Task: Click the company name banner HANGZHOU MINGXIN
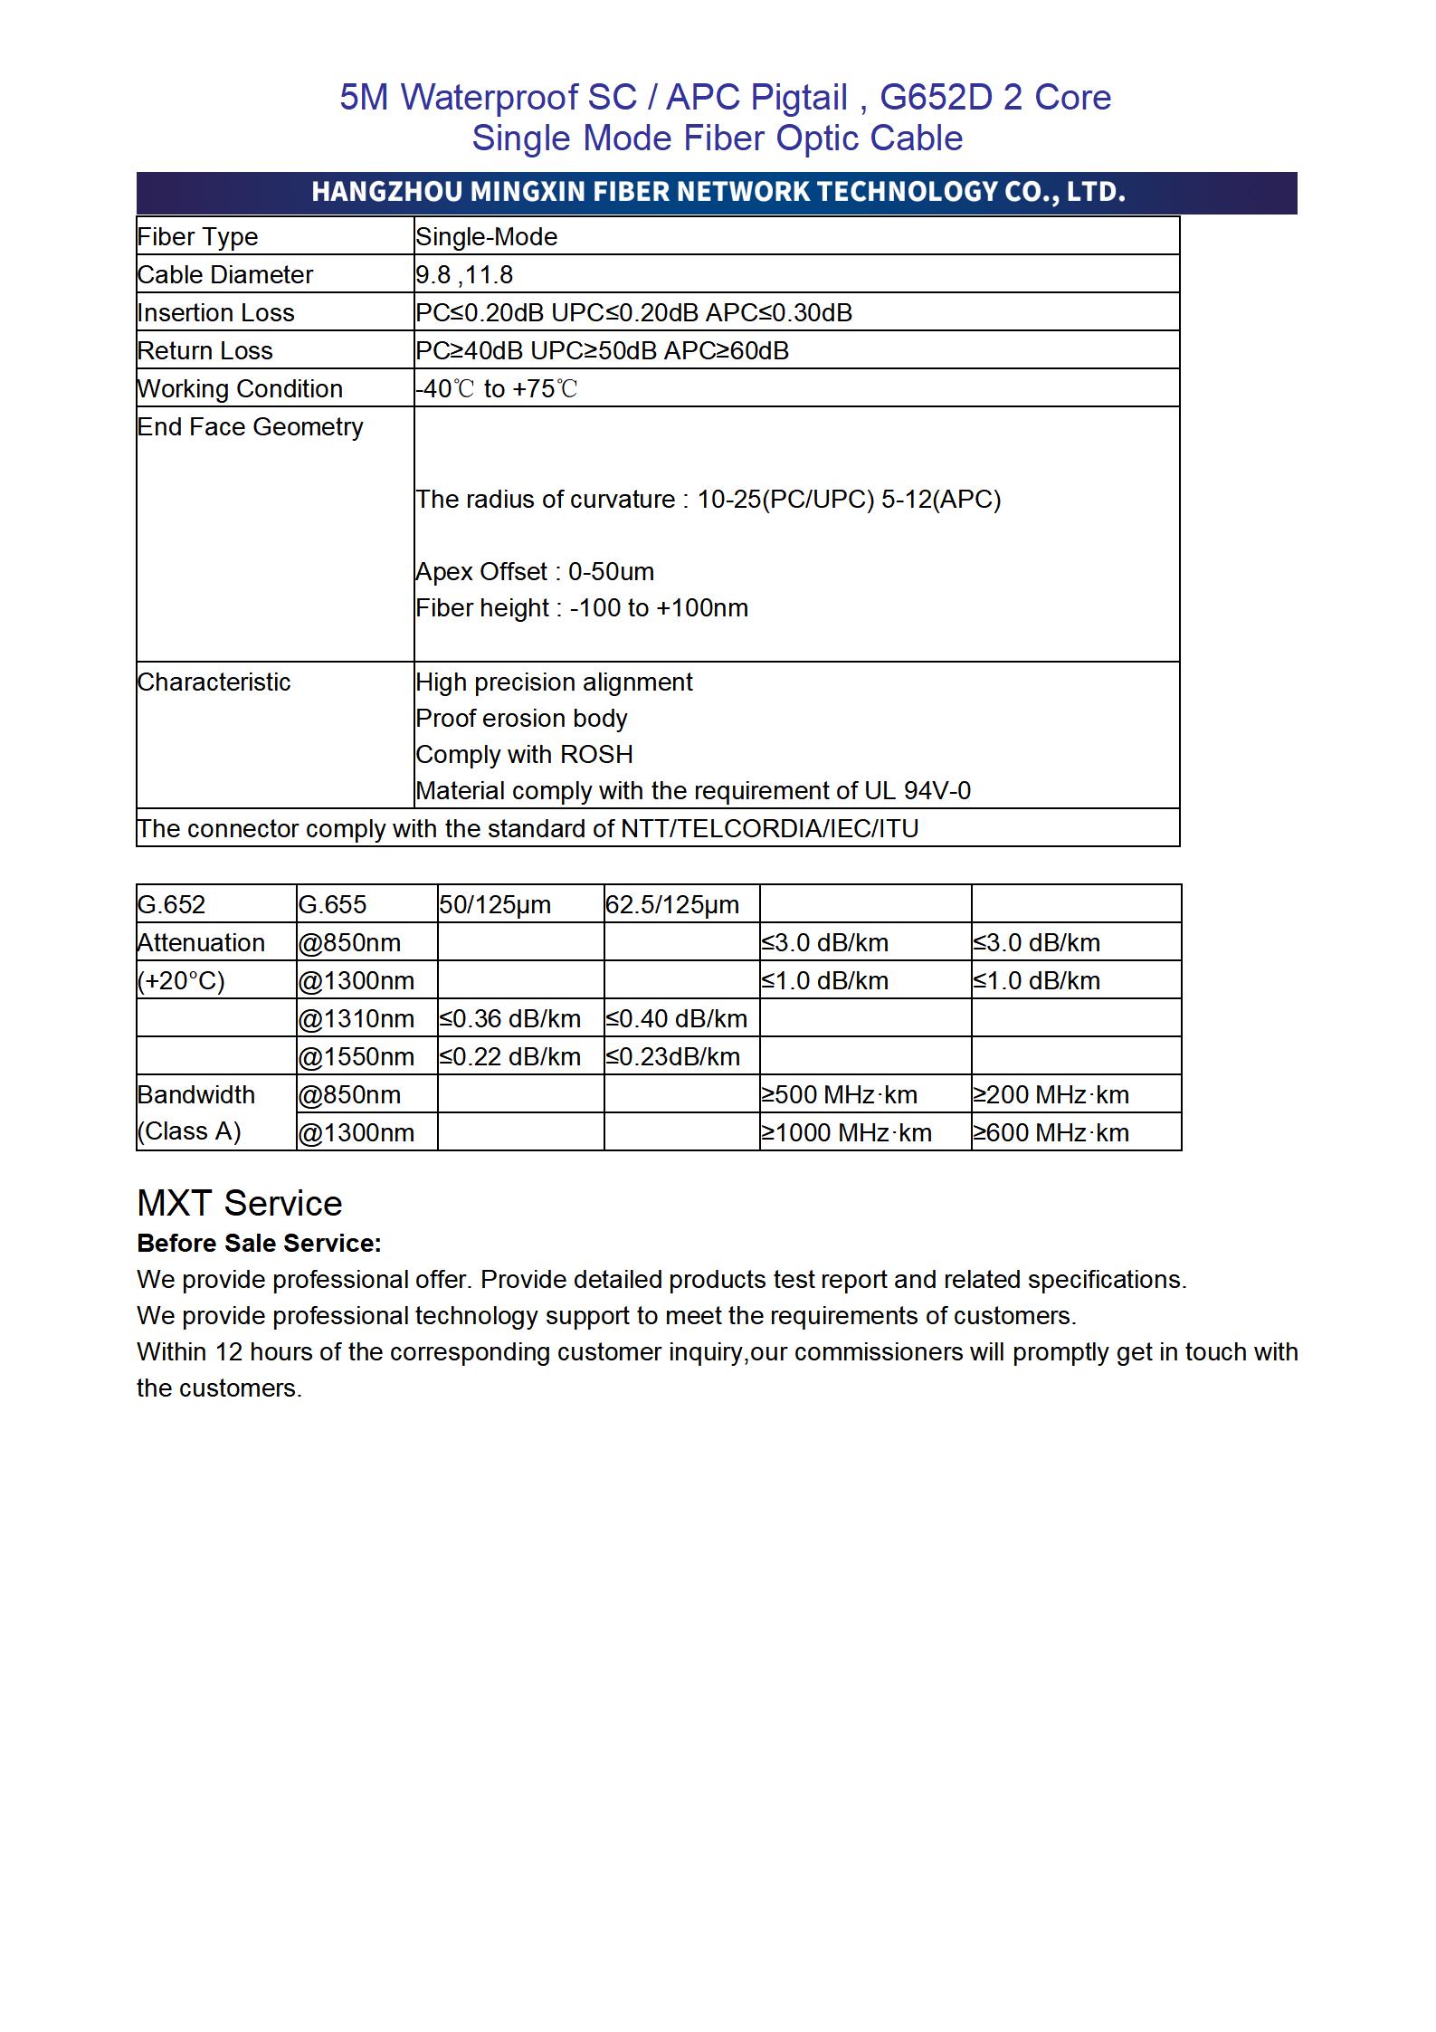(x=718, y=192)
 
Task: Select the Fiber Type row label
(x=197, y=237)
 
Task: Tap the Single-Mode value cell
(x=486, y=237)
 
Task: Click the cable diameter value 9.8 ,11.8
(x=464, y=275)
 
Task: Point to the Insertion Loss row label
(x=215, y=313)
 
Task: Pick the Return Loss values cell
(x=602, y=351)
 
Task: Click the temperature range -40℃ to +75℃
(x=496, y=389)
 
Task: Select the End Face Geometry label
(x=250, y=427)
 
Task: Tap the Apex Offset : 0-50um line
(x=535, y=572)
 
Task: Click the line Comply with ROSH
(x=524, y=755)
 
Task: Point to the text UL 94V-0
(x=917, y=791)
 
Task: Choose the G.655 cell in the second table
(x=332, y=905)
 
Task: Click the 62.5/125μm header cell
(x=671, y=905)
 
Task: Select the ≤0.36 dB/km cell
(x=510, y=1019)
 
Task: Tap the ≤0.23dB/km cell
(x=672, y=1057)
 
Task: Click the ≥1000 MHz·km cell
(x=846, y=1133)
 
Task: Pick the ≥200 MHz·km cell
(x=1051, y=1095)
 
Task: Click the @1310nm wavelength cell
(x=356, y=1019)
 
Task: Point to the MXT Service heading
(x=240, y=1204)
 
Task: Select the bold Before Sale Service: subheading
(x=259, y=1244)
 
